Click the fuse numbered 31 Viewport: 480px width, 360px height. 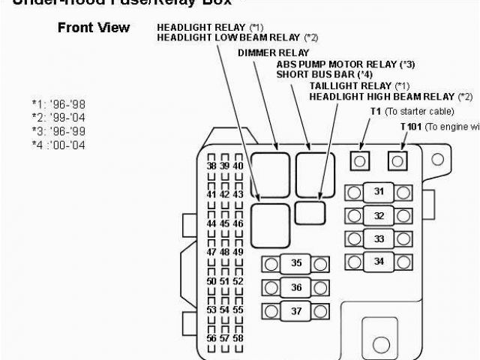pos(379,192)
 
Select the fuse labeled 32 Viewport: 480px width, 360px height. pos(379,216)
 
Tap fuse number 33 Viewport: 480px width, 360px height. pos(379,239)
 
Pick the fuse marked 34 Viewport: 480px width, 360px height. pos(379,262)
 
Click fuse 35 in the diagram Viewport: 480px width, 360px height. pos(297,263)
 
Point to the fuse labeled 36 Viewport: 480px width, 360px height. pos(297,287)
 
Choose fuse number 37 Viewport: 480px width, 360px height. pos(297,310)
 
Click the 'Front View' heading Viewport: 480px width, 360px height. pos(94,28)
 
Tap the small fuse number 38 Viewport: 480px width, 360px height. pos(212,166)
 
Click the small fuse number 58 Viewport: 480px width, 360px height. pos(238,338)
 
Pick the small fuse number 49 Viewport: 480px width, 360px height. pos(238,252)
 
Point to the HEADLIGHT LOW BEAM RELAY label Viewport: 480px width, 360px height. pos(227,37)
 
